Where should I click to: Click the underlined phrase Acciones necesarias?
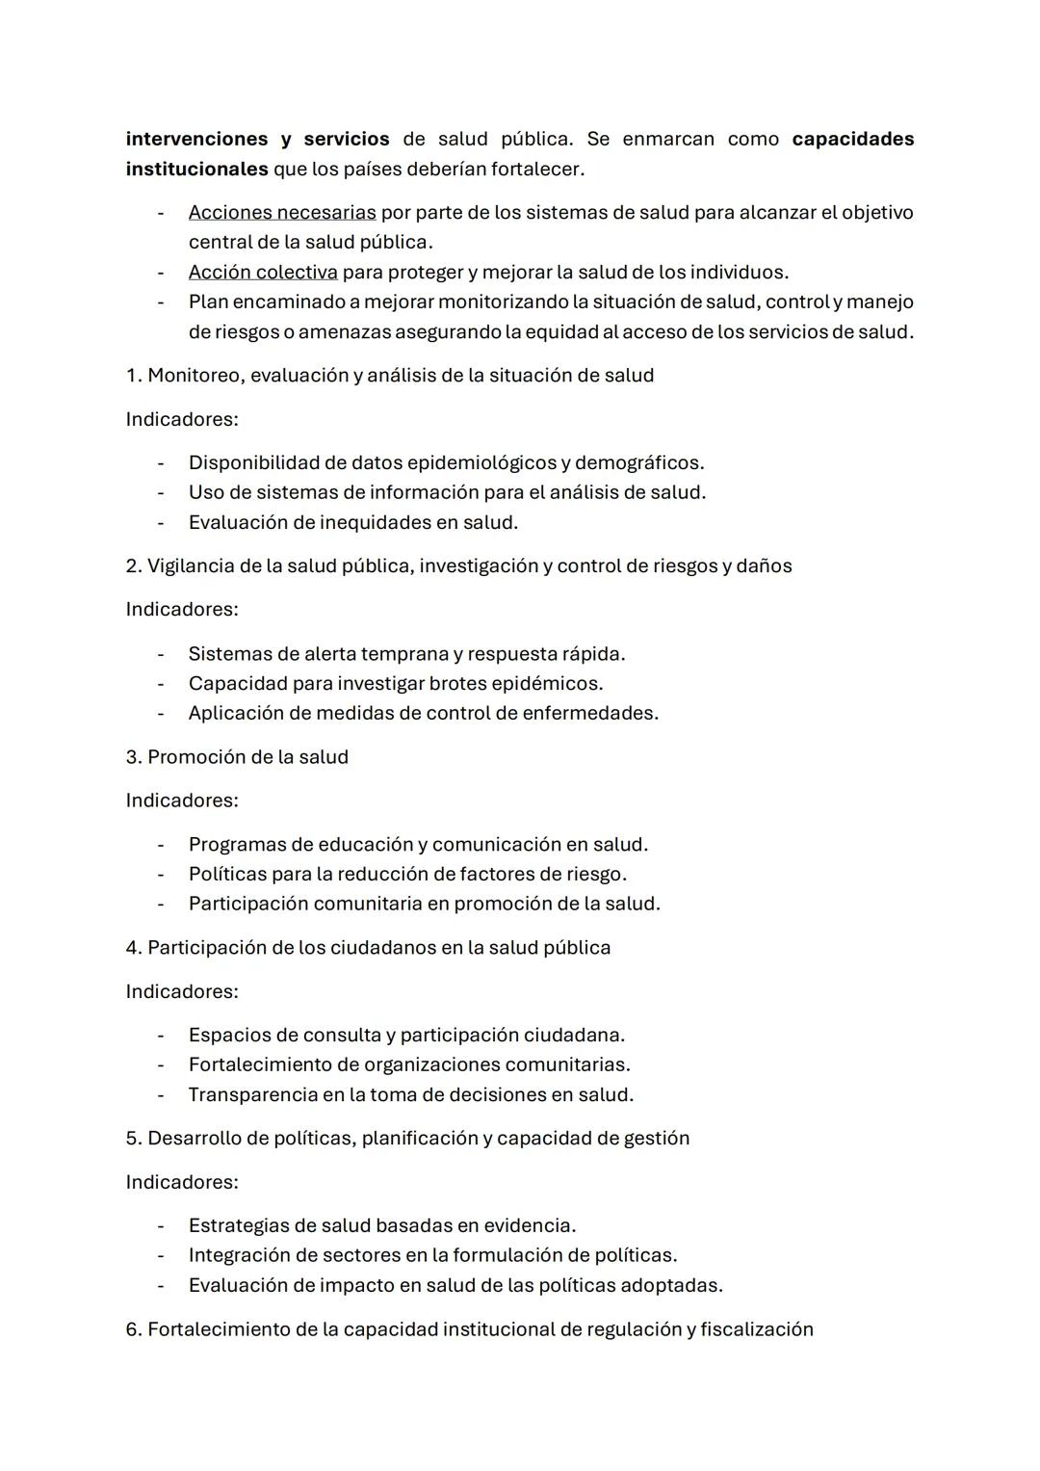coord(282,212)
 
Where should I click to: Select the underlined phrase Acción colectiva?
coord(263,272)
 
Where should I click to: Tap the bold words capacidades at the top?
coord(852,139)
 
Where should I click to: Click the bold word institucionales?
coord(196,169)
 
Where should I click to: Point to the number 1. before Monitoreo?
coord(134,375)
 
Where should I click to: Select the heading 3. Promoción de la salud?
coord(237,756)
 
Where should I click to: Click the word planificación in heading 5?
coord(420,1138)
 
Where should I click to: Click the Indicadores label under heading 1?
coord(182,419)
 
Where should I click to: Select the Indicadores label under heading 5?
coord(182,1181)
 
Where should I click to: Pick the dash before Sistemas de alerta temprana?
coord(161,653)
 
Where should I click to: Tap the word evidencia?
coord(529,1225)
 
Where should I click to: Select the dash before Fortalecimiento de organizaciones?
coord(161,1064)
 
